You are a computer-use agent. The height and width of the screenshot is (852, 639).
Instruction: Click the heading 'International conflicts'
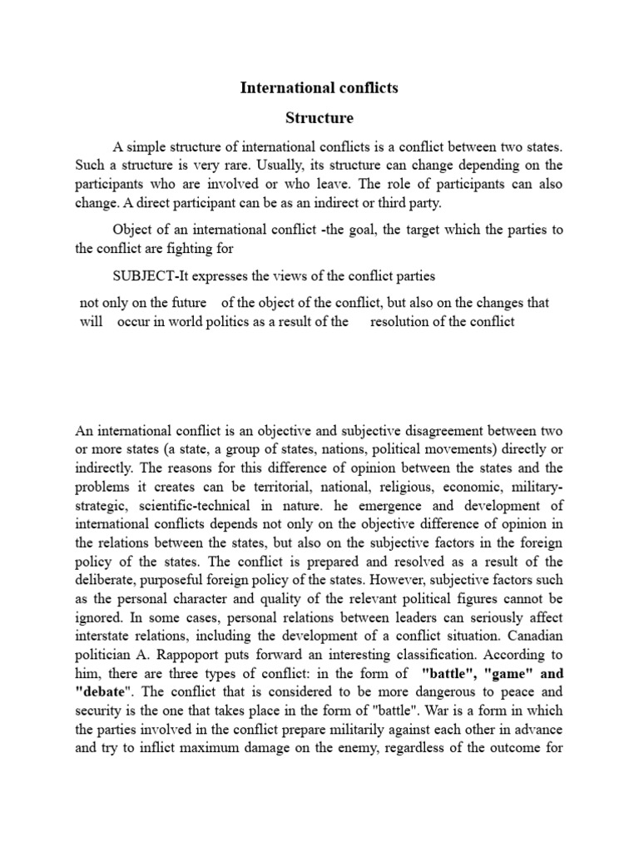(319, 87)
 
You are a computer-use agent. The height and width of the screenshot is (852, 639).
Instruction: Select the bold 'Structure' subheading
(319, 117)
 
